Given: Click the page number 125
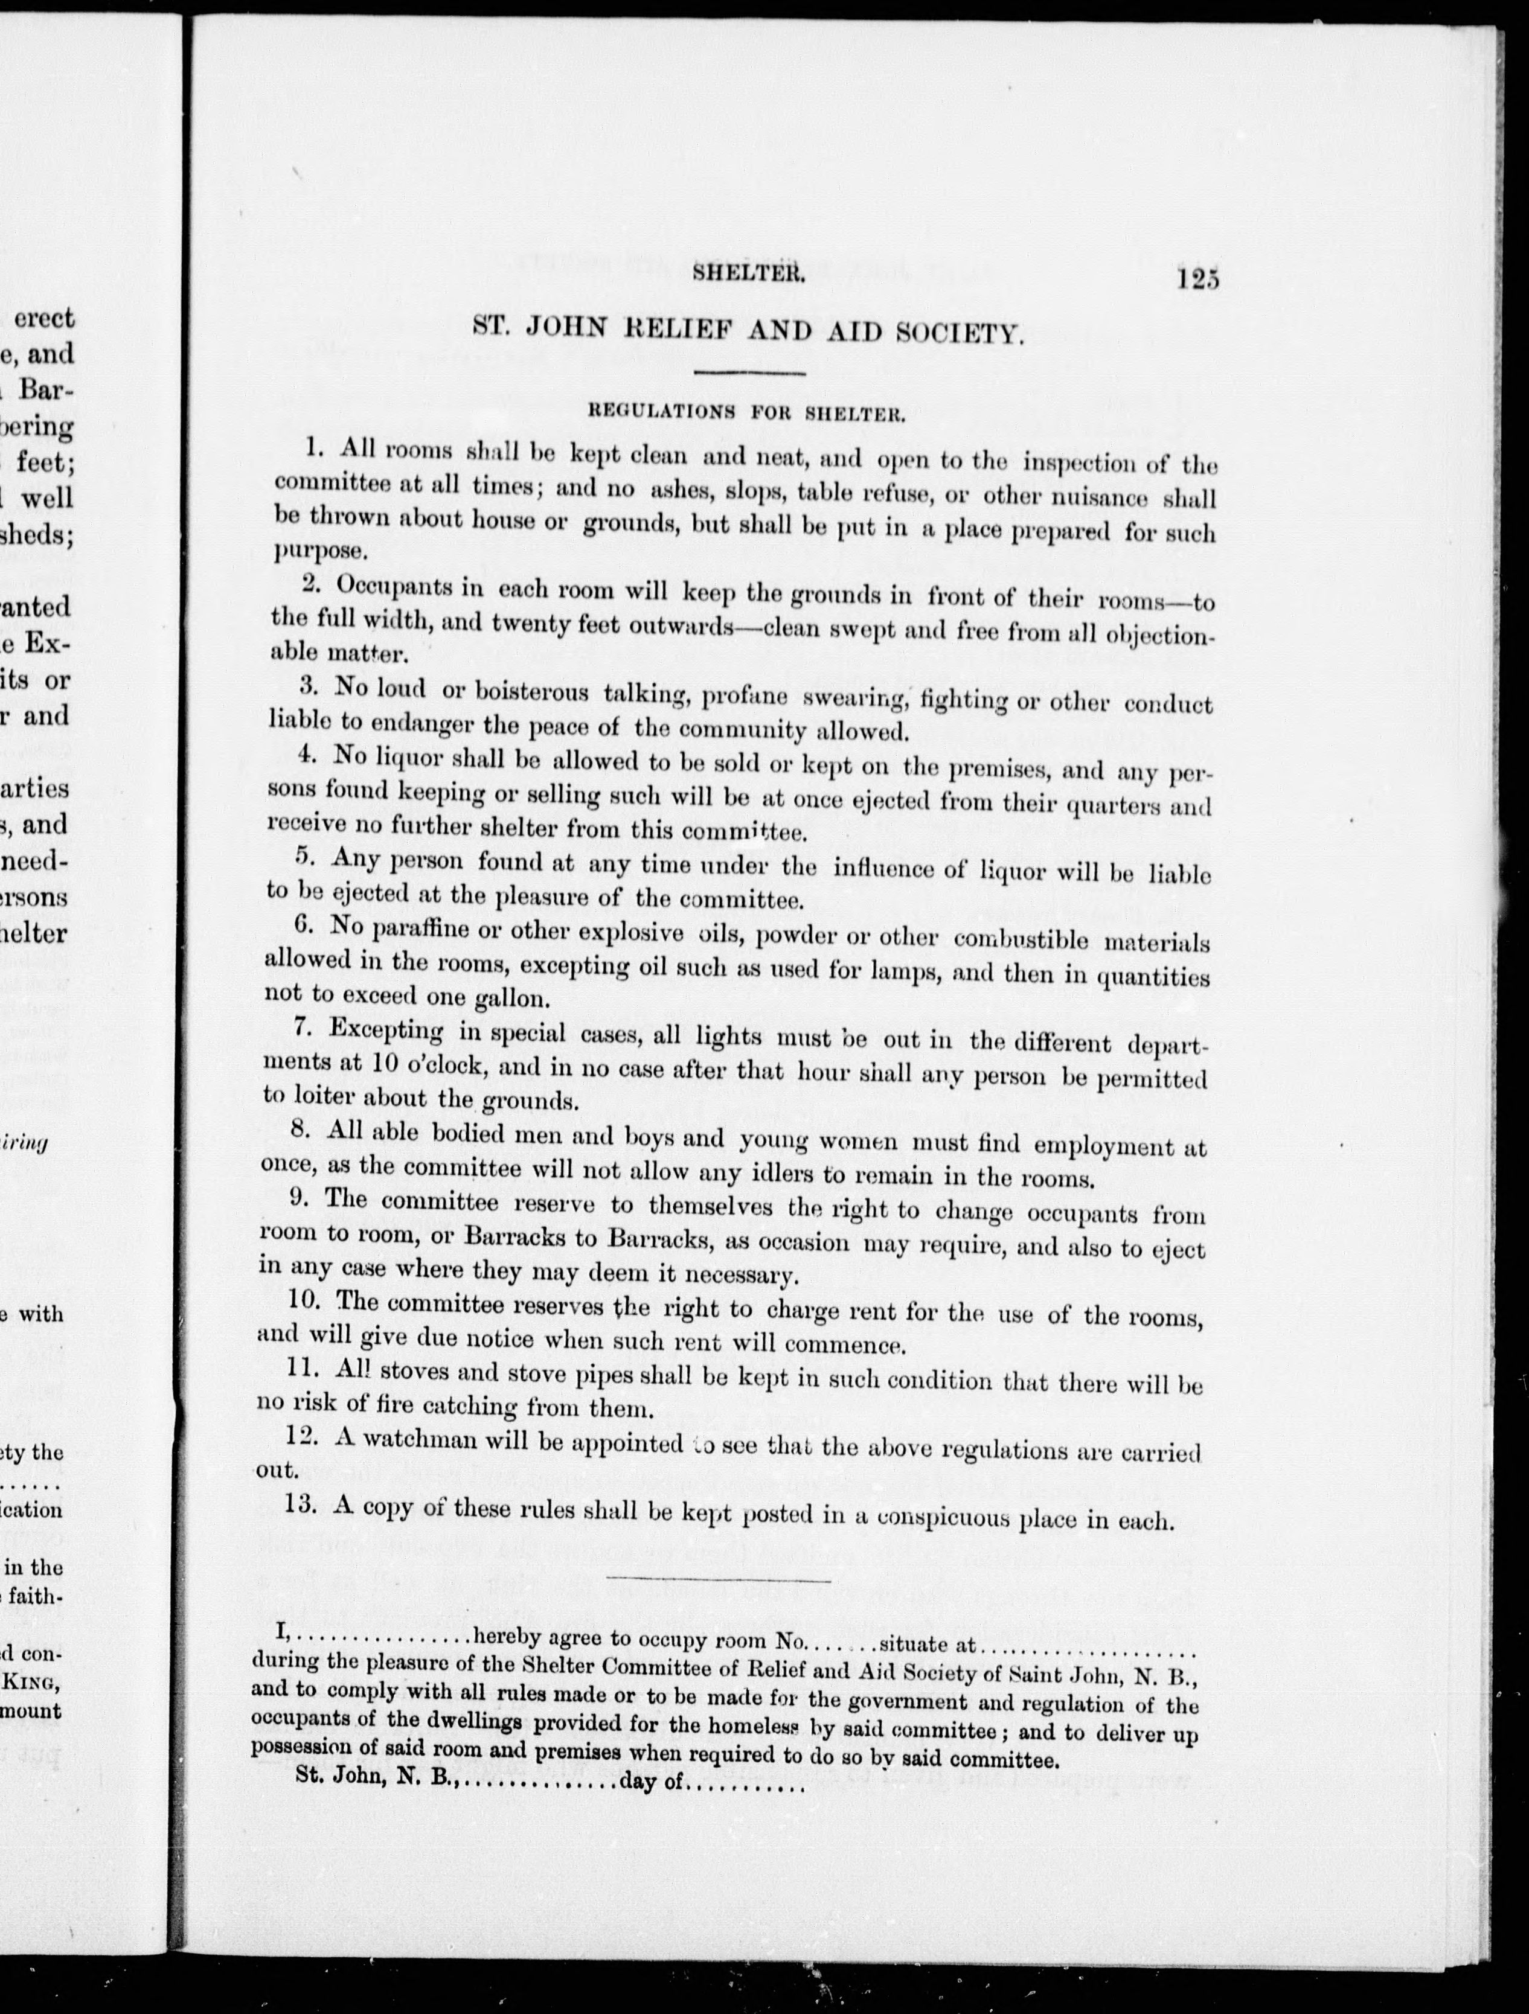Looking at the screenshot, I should pos(1196,278).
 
